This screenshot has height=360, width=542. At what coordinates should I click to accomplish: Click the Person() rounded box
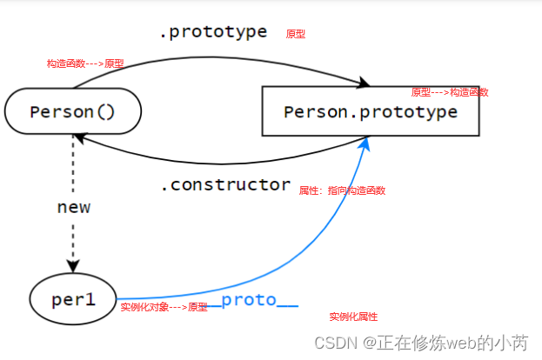pos(72,111)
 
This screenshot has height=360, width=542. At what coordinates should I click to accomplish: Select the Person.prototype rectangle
pos(370,112)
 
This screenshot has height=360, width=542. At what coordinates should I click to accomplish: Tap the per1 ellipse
pos(72,300)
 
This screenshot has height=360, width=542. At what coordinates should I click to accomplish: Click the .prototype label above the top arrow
pos(212,32)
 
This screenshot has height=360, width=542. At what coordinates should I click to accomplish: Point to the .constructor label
pos(225,184)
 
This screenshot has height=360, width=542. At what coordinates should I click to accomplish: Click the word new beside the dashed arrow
pos(73,208)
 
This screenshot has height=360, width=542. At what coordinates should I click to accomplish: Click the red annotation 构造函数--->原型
pos(85,63)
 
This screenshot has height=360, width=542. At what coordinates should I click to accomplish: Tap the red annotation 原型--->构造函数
pos(449,92)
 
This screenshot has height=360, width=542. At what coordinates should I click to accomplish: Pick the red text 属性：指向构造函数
pos(342,190)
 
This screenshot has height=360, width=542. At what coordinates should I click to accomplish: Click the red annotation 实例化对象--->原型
pos(164,307)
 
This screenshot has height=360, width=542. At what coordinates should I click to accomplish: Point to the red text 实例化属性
pos(353,317)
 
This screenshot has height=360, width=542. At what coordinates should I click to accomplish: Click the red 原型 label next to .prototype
pos(296,35)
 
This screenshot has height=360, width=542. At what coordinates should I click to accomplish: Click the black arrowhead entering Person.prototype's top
pos(363,83)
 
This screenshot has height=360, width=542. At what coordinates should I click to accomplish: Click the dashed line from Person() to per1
pos(73,174)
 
